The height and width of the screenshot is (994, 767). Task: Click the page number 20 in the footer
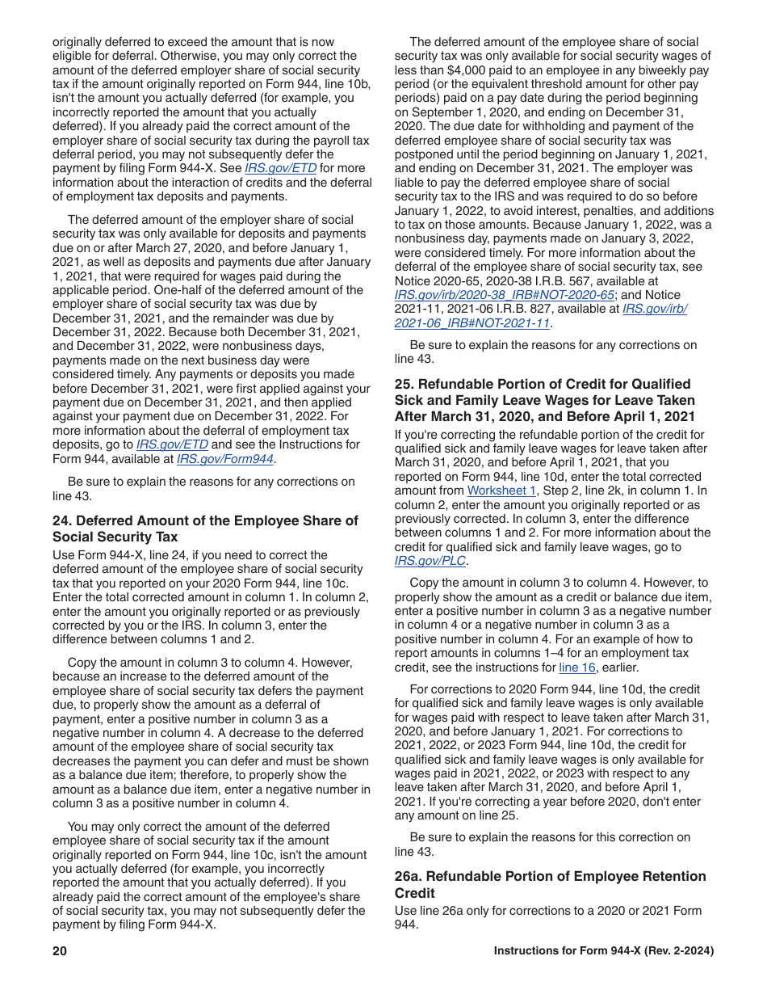tap(60, 951)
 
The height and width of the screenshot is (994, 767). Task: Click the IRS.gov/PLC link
tap(430, 561)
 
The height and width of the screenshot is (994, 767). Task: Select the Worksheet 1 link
tap(501, 491)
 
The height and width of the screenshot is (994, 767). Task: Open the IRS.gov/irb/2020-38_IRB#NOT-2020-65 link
tap(505, 295)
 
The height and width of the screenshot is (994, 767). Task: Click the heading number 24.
tap(61, 520)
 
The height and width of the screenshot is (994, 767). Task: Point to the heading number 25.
tap(404, 384)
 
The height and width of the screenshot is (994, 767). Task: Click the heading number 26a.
tap(407, 877)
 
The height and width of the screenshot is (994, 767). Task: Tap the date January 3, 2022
tap(644, 238)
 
